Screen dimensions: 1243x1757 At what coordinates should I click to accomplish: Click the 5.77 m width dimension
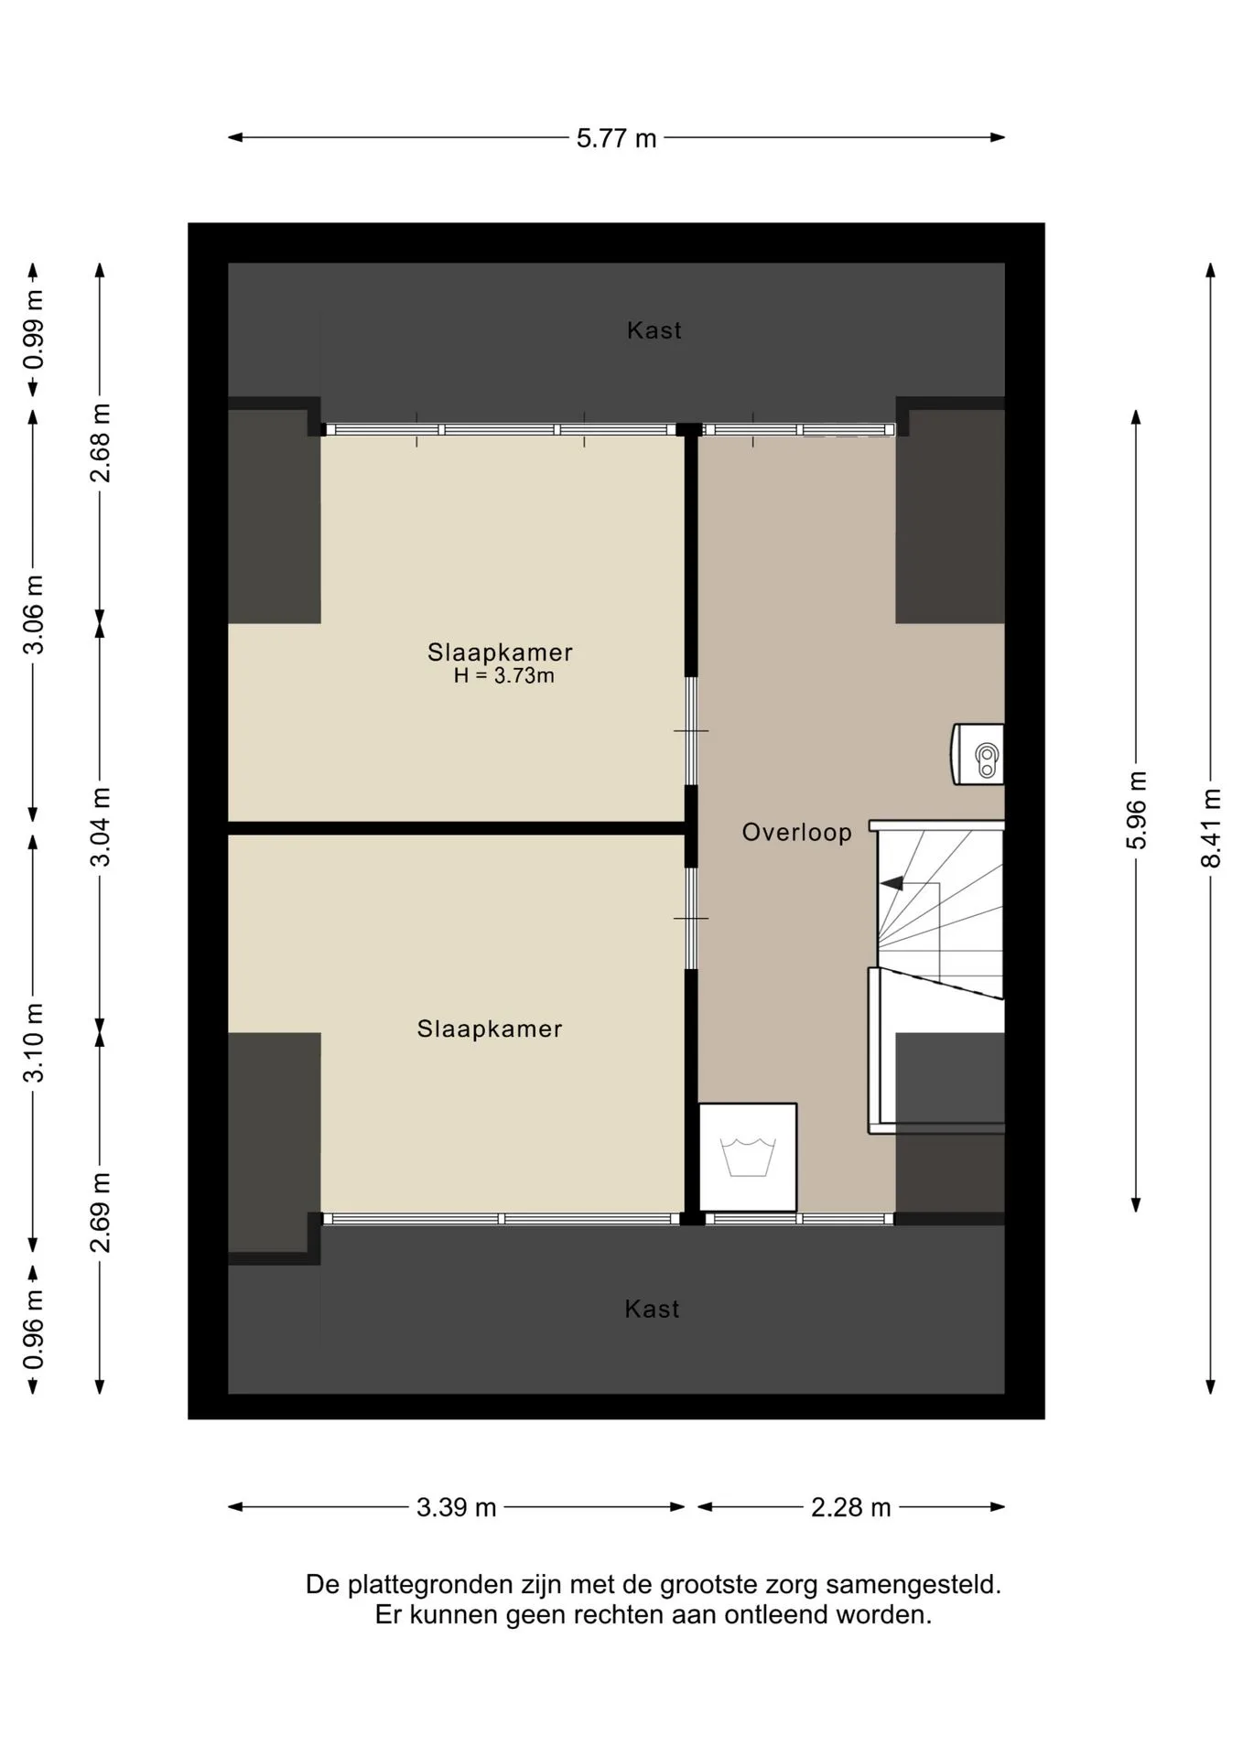pos(616,138)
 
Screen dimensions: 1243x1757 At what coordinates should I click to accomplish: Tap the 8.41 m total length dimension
pos(1211,827)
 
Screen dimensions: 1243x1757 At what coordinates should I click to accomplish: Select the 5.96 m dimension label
pos(1136,810)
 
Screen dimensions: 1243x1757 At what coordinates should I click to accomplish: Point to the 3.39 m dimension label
pos(456,1507)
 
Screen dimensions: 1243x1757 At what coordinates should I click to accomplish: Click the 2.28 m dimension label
pos(850,1507)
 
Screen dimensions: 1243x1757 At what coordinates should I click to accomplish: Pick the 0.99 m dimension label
pos(33,329)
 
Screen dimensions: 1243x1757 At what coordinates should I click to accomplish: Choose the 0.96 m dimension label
pos(33,1331)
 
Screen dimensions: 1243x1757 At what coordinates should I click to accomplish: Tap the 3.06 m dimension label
pos(33,615)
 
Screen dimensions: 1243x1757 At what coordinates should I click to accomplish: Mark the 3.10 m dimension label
pos(33,1043)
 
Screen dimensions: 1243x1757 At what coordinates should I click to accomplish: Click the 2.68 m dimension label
pos(100,443)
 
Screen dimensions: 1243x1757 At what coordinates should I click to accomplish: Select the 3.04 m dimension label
pos(100,826)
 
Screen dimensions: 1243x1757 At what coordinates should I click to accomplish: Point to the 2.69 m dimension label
pos(100,1213)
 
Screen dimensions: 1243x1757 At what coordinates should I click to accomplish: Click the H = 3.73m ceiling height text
pos(503,676)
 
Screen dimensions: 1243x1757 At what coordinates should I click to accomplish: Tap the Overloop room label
pos(796,833)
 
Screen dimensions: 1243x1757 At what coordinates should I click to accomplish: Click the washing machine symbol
pos(748,1158)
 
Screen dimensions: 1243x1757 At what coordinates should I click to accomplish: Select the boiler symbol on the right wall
pos(978,755)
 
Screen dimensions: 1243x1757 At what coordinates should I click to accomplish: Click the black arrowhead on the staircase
pos(892,883)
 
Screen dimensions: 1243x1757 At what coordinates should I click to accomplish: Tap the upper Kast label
pos(654,330)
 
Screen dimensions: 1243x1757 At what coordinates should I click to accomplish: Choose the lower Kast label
pos(652,1310)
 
